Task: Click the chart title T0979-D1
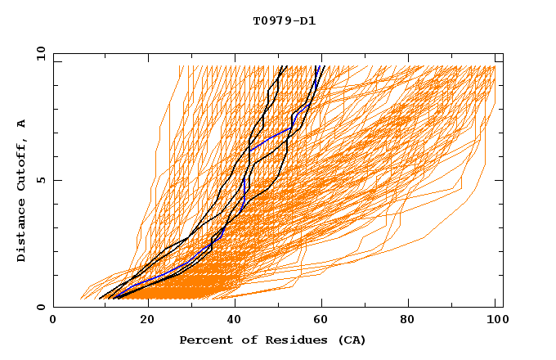[x=284, y=20]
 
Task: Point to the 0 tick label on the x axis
[x=53, y=321]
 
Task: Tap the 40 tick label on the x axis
[x=235, y=321]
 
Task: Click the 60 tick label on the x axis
[x=324, y=321]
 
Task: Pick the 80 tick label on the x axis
[x=412, y=321]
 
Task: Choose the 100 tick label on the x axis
[x=495, y=321]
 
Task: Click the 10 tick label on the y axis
[x=39, y=53]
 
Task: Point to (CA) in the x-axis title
[x=352, y=340]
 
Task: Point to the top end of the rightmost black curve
[x=324, y=66]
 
